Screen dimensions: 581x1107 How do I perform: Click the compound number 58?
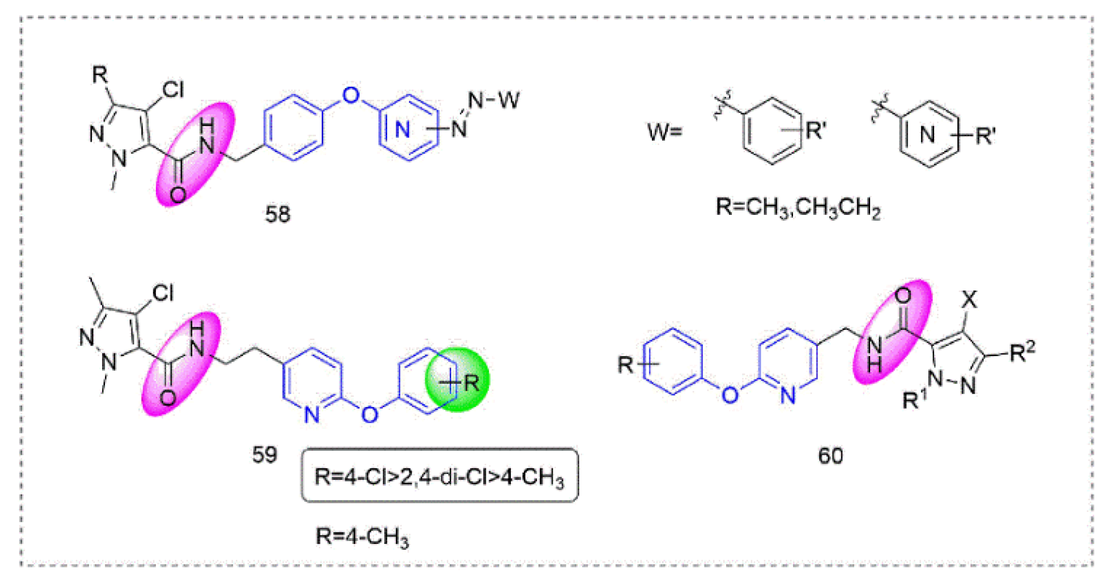[278, 214]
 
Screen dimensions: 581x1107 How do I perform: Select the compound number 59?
[264, 454]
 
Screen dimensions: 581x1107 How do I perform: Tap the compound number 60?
[830, 455]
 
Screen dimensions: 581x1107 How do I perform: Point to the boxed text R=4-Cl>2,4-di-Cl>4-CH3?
[439, 476]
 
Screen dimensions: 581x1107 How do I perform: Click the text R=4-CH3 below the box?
[362, 536]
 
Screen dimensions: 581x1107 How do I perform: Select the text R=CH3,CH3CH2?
[798, 208]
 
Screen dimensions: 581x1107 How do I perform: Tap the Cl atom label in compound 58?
[173, 90]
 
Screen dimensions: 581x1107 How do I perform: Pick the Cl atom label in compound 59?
[163, 293]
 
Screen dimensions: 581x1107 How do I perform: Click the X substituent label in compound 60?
[969, 300]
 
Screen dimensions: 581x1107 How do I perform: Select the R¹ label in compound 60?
[914, 399]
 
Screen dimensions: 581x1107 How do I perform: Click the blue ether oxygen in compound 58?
[351, 95]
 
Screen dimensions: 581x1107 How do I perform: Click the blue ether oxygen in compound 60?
[730, 395]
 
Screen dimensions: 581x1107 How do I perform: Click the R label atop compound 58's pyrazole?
[100, 75]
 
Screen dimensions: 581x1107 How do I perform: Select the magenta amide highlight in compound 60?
[892, 332]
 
